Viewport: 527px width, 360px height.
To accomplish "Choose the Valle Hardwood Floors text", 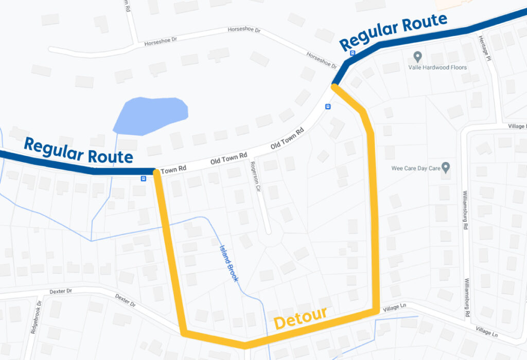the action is (437, 67).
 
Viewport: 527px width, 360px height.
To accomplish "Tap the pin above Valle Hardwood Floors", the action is (418, 56).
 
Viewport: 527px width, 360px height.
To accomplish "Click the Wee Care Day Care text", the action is (416, 168).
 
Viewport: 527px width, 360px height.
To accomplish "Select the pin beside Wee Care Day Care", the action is (446, 167).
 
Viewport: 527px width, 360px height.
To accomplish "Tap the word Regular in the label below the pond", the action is (55, 148).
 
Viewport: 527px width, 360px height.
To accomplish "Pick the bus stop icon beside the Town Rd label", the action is (144, 178).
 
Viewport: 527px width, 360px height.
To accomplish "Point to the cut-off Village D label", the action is (517, 126).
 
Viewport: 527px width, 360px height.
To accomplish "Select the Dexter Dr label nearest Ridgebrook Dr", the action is (61, 292).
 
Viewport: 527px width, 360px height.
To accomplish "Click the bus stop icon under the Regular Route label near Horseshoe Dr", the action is (353, 52).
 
